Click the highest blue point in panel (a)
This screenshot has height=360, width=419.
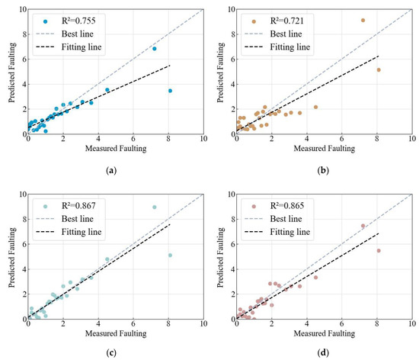[154, 49]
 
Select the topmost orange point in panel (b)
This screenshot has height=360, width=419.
[363, 21]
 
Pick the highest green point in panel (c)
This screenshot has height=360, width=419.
[154, 207]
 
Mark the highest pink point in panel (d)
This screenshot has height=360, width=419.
[363, 226]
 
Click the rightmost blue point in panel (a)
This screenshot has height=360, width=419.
[170, 91]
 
